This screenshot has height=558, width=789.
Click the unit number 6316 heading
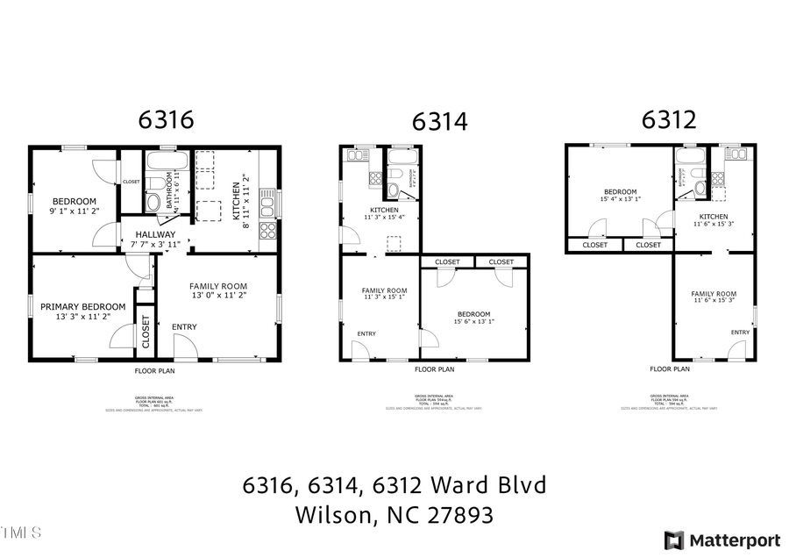coord(165,120)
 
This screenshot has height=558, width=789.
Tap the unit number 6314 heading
coord(440,121)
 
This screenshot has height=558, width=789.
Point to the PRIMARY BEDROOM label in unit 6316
coord(82,306)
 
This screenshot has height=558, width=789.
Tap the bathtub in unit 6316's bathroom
coord(167,161)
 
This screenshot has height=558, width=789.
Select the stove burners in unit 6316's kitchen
coord(268,231)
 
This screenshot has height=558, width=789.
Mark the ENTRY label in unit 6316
coord(184,327)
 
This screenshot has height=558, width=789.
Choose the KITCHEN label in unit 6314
coord(384,211)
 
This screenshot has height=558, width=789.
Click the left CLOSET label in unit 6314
coord(447,261)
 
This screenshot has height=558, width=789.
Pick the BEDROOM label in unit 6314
coord(473,314)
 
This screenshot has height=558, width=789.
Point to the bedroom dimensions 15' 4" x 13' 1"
coord(621,199)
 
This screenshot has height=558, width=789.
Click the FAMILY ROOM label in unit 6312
coord(714,294)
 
